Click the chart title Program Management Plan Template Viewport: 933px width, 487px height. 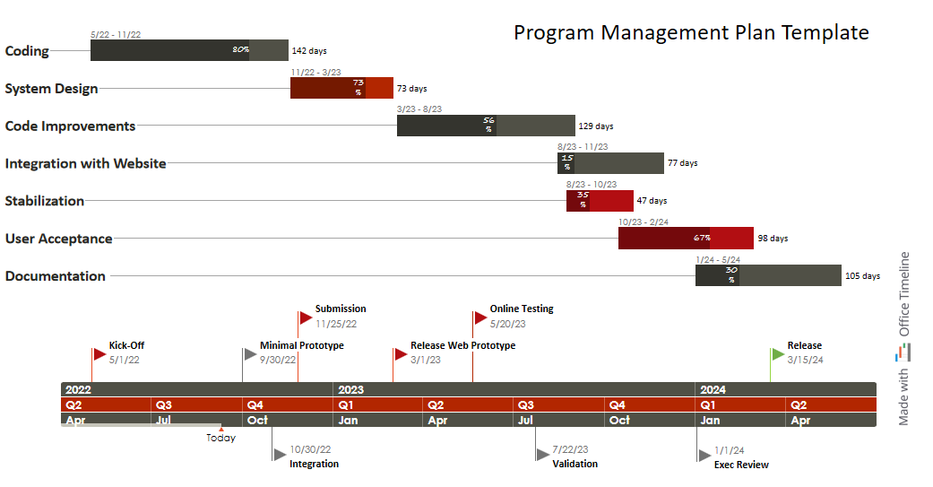[x=691, y=32]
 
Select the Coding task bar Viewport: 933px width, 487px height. [x=188, y=50]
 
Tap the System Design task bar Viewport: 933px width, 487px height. [x=341, y=88]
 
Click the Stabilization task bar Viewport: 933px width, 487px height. [x=599, y=201]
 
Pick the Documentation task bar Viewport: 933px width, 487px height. [x=768, y=275]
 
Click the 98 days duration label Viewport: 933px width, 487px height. [x=773, y=239]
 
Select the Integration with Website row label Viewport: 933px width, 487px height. [x=85, y=163]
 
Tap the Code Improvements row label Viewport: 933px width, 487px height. [x=70, y=126]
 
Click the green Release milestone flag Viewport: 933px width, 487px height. [x=778, y=353]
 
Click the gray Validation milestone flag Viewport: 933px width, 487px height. [x=542, y=455]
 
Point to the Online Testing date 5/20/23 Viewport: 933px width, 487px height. [x=507, y=324]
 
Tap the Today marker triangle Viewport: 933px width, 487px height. [x=221, y=429]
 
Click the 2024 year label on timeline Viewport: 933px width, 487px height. [x=713, y=390]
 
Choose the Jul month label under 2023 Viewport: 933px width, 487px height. [x=525, y=420]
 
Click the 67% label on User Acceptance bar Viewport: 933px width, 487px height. [x=702, y=239]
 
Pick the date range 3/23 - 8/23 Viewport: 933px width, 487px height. [x=419, y=109]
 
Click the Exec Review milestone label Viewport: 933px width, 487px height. [x=741, y=465]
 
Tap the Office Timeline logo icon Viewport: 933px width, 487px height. [x=903, y=352]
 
